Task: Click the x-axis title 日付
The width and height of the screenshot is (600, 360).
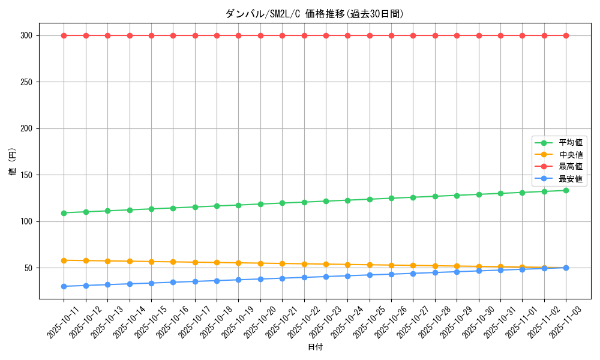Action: (x=314, y=347)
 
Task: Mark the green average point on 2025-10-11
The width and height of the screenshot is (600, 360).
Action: (x=64, y=213)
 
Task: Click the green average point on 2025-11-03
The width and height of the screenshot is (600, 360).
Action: (x=566, y=190)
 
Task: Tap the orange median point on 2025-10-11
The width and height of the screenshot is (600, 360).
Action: (x=64, y=260)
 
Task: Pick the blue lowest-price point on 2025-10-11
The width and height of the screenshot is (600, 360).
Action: (x=64, y=286)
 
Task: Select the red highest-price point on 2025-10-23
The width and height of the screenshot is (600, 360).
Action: (x=326, y=35)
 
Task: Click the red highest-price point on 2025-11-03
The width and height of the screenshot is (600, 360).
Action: (x=566, y=35)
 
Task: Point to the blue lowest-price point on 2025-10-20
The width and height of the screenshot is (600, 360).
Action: (x=260, y=279)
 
